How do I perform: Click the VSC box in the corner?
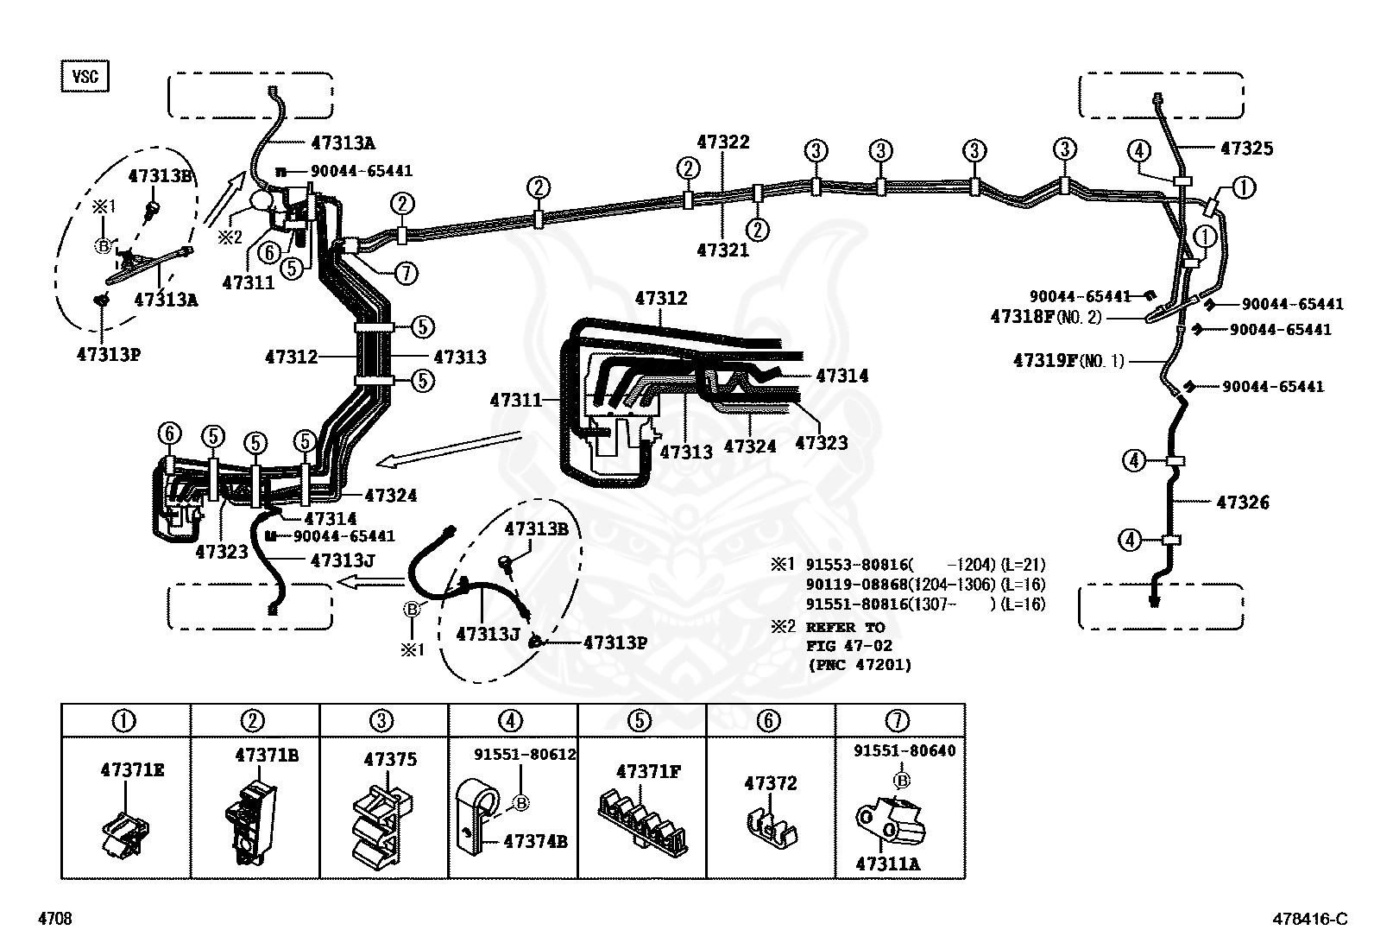click(x=85, y=76)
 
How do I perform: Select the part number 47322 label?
click(x=723, y=142)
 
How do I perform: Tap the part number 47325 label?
click(x=1246, y=149)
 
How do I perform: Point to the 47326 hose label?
click(x=1243, y=502)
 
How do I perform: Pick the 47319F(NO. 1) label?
click(x=1068, y=361)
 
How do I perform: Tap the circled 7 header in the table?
click(x=898, y=720)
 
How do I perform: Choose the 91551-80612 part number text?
click(x=525, y=754)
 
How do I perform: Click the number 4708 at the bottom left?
click(x=55, y=919)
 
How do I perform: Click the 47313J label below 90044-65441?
click(x=342, y=560)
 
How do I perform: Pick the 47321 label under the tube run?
click(x=723, y=250)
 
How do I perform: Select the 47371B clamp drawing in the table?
click(x=250, y=820)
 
